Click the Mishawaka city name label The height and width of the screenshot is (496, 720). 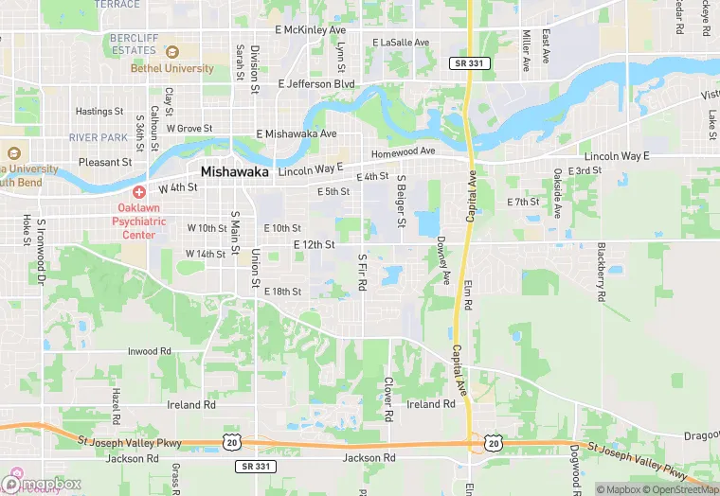(x=235, y=172)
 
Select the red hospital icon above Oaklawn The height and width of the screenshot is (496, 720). (x=138, y=192)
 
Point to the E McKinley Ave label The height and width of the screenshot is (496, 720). (x=311, y=30)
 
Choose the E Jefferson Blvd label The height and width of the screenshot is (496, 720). (x=315, y=83)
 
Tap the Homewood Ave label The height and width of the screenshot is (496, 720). (x=403, y=151)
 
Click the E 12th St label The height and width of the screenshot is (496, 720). (x=315, y=244)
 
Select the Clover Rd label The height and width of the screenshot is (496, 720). (x=387, y=399)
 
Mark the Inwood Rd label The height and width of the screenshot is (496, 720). (x=150, y=351)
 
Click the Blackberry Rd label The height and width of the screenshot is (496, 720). (x=601, y=271)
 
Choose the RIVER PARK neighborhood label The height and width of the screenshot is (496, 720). (x=98, y=137)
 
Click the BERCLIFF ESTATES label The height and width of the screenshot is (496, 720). (x=133, y=44)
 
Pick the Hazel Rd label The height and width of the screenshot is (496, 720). (x=116, y=405)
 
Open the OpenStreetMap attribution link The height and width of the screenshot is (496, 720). (x=679, y=489)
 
